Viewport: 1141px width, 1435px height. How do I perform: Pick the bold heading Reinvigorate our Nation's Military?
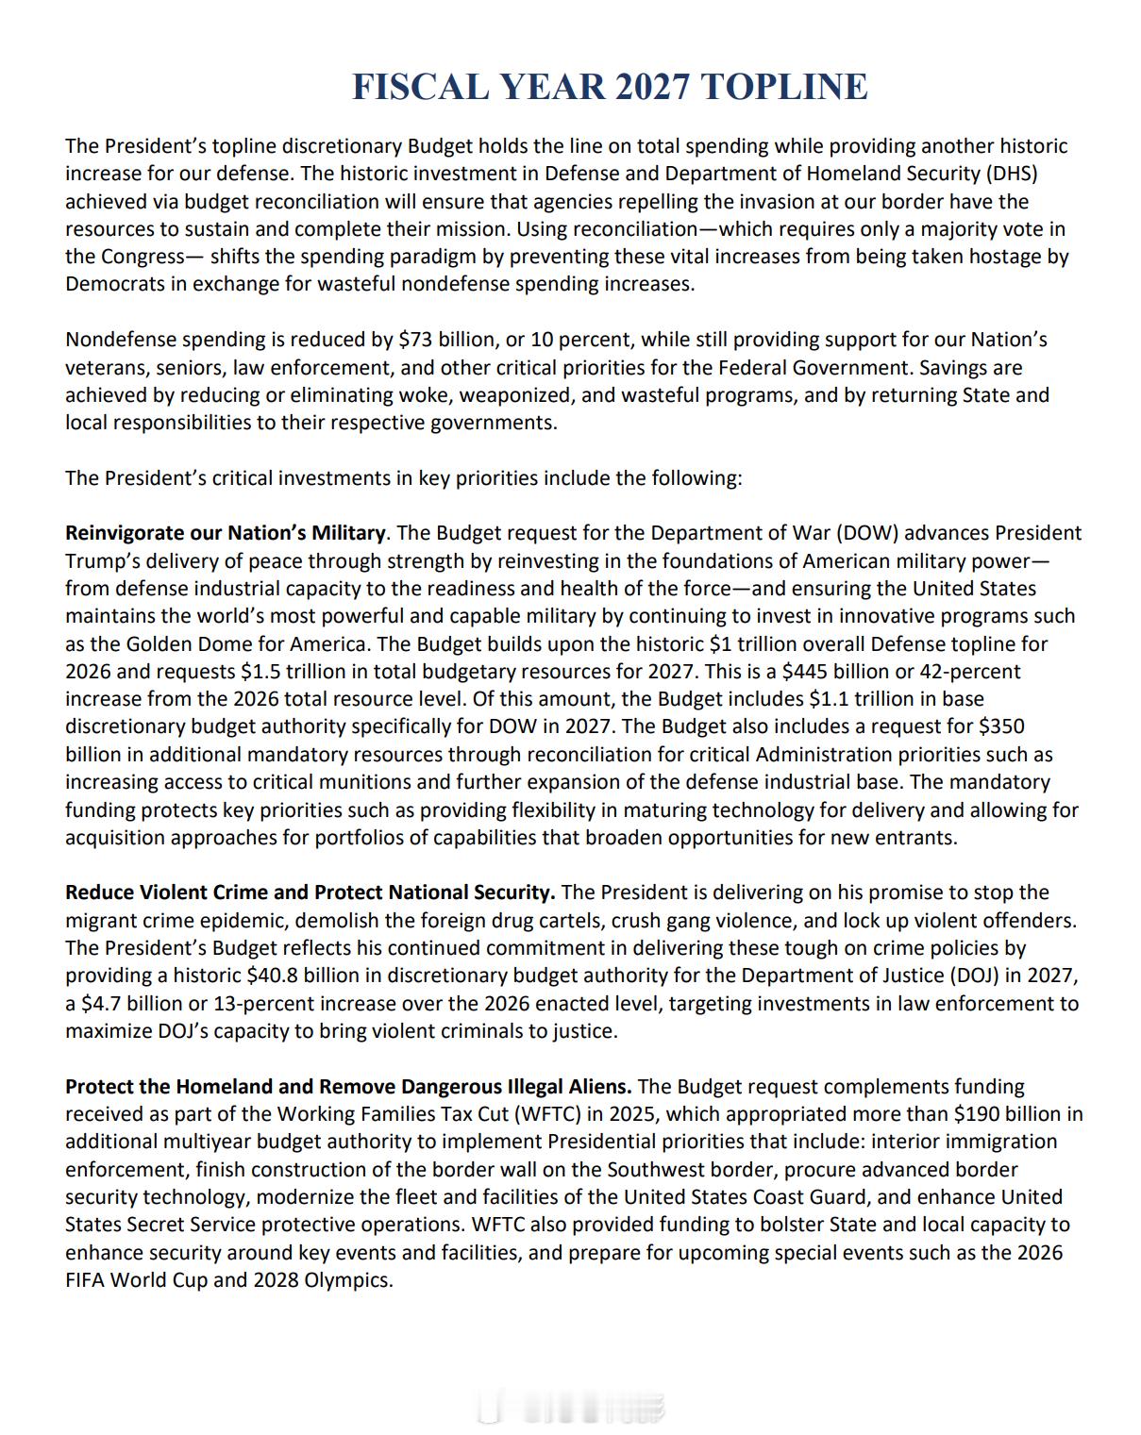click(225, 533)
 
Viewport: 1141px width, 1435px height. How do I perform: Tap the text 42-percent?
click(971, 672)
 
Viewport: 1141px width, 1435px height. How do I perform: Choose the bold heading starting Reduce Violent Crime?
click(310, 893)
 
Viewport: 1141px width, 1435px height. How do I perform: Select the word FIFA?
click(86, 1280)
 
